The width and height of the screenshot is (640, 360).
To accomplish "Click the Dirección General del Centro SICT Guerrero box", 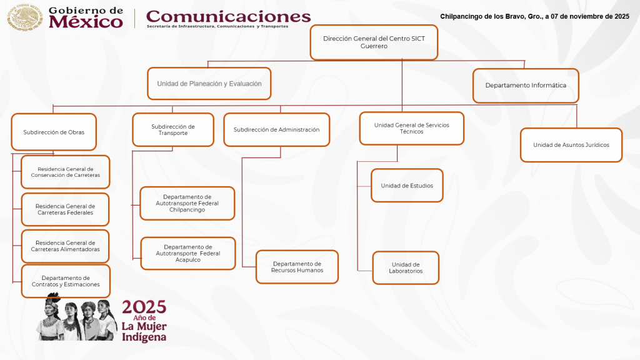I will tap(373, 42).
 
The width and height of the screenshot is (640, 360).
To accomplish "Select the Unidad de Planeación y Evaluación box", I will tap(209, 84).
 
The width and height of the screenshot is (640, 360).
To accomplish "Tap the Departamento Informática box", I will tap(526, 86).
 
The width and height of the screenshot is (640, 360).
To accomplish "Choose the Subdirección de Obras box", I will tap(54, 132).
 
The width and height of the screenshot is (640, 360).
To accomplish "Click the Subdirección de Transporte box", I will tap(173, 129).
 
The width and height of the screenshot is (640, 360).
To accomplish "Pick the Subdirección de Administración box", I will tap(276, 130).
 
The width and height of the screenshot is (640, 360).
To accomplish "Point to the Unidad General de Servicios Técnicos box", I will tap(411, 128).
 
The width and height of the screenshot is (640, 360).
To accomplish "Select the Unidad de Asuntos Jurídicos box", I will tap(571, 145).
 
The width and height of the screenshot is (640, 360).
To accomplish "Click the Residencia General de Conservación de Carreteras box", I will tap(65, 172).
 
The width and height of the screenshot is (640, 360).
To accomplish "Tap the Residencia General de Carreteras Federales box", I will tap(65, 209).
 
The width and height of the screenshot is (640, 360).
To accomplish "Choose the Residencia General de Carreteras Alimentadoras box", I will tap(65, 246).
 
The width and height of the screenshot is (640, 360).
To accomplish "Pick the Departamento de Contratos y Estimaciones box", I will tap(65, 281).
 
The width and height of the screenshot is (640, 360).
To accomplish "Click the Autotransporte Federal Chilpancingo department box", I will tap(187, 203).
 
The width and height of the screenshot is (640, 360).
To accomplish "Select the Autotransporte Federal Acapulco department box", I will tap(187, 253).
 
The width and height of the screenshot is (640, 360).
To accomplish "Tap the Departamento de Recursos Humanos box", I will tap(297, 267).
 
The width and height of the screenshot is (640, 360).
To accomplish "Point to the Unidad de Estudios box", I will tap(407, 186).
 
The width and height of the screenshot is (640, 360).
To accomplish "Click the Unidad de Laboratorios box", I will tap(406, 268).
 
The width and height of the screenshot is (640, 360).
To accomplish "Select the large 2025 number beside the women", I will tap(144, 307).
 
